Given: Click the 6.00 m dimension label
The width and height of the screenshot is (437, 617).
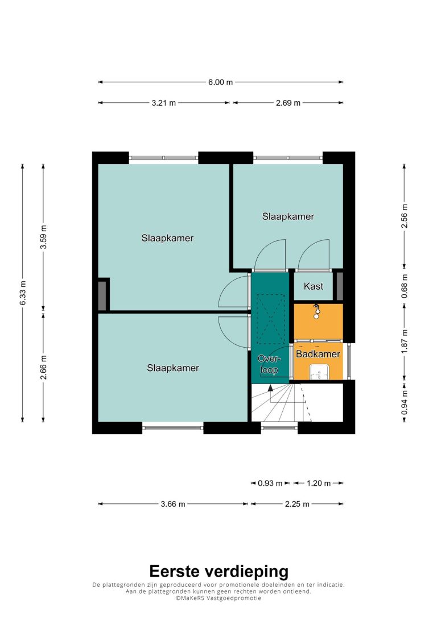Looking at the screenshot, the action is (x=220, y=82).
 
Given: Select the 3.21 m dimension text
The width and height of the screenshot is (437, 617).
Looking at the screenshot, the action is (x=163, y=103).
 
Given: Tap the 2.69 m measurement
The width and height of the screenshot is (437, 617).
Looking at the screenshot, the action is (x=288, y=103).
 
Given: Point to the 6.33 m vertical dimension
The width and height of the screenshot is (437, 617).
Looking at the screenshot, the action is (x=23, y=293).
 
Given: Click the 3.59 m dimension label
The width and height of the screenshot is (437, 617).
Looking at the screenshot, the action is (x=44, y=237).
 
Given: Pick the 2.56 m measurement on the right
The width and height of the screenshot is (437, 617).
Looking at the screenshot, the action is (x=405, y=216).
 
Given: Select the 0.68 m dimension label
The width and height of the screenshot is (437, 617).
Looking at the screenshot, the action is (x=405, y=286).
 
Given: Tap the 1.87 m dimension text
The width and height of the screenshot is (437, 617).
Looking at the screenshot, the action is (x=405, y=341).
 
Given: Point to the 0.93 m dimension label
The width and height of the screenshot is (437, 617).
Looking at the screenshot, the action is (x=270, y=483).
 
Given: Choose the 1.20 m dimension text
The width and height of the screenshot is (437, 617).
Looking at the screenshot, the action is (x=319, y=483).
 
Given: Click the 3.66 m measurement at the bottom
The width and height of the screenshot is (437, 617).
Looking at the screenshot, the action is (x=172, y=504).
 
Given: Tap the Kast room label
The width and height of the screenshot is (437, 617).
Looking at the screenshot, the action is (x=314, y=286).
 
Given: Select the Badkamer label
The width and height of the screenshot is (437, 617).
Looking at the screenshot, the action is (x=318, y=354).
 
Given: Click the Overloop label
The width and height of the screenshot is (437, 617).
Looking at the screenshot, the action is (x=269, y=364).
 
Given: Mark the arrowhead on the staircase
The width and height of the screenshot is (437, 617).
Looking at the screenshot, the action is (x=270, y=387).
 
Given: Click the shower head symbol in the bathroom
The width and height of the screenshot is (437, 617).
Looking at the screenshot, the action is (x=316, y=311).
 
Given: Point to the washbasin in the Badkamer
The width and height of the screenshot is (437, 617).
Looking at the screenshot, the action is (x=319, y=372).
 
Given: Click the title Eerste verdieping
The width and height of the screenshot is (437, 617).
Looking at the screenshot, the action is (x=218, y=572).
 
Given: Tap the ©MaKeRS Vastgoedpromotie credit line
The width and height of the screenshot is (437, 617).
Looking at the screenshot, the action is (x=218, y=598).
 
